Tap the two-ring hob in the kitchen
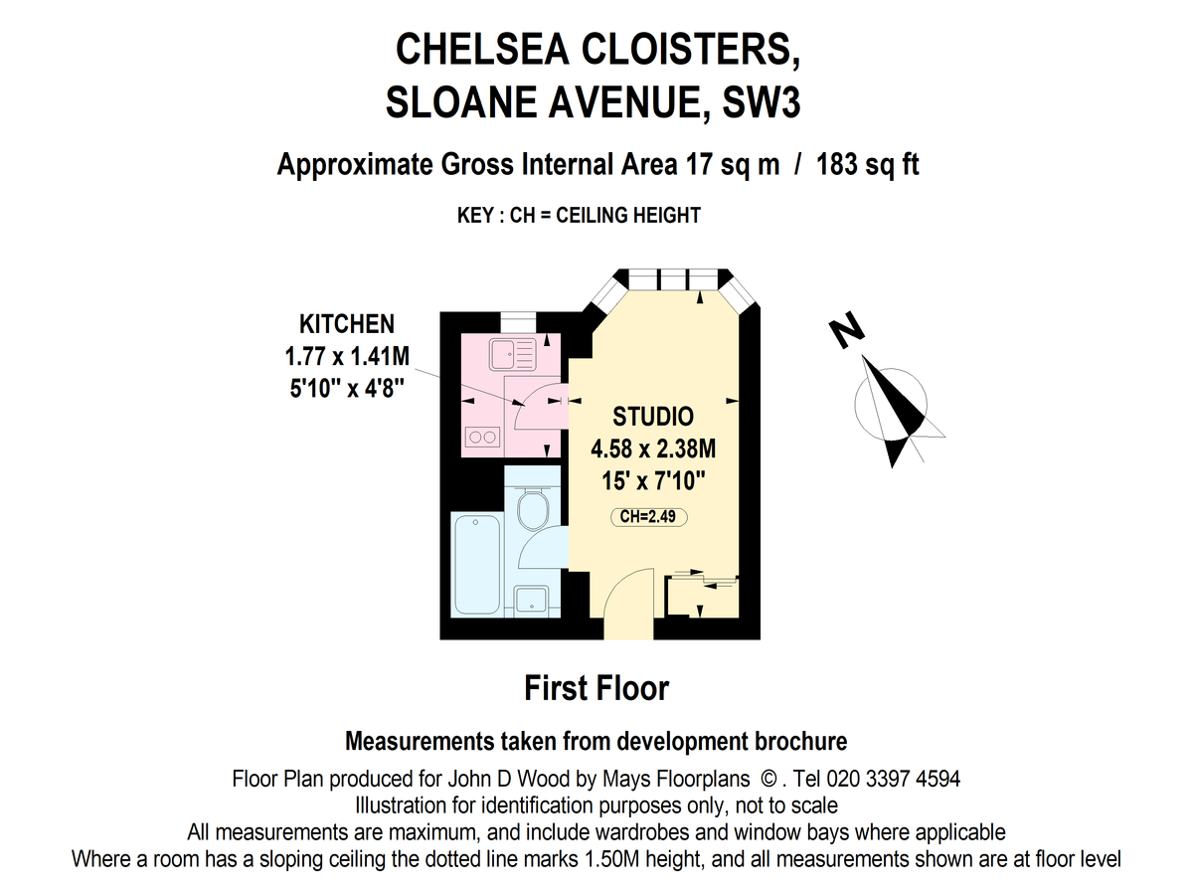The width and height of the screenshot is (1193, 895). (481, 436)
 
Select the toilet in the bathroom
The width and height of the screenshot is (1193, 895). (533, 509)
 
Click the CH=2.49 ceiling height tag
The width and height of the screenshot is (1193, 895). (649, 516)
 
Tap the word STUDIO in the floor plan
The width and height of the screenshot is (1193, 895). (652, 416)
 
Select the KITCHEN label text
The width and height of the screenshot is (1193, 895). (347, 323)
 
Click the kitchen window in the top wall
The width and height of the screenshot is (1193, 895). (516, 319)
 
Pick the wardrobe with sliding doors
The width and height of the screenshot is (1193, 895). (703, 596)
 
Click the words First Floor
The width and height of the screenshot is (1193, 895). (596, 688)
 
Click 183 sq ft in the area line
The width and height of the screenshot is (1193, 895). (867, 164)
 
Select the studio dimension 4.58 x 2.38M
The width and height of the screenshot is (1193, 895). (652, 449)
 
